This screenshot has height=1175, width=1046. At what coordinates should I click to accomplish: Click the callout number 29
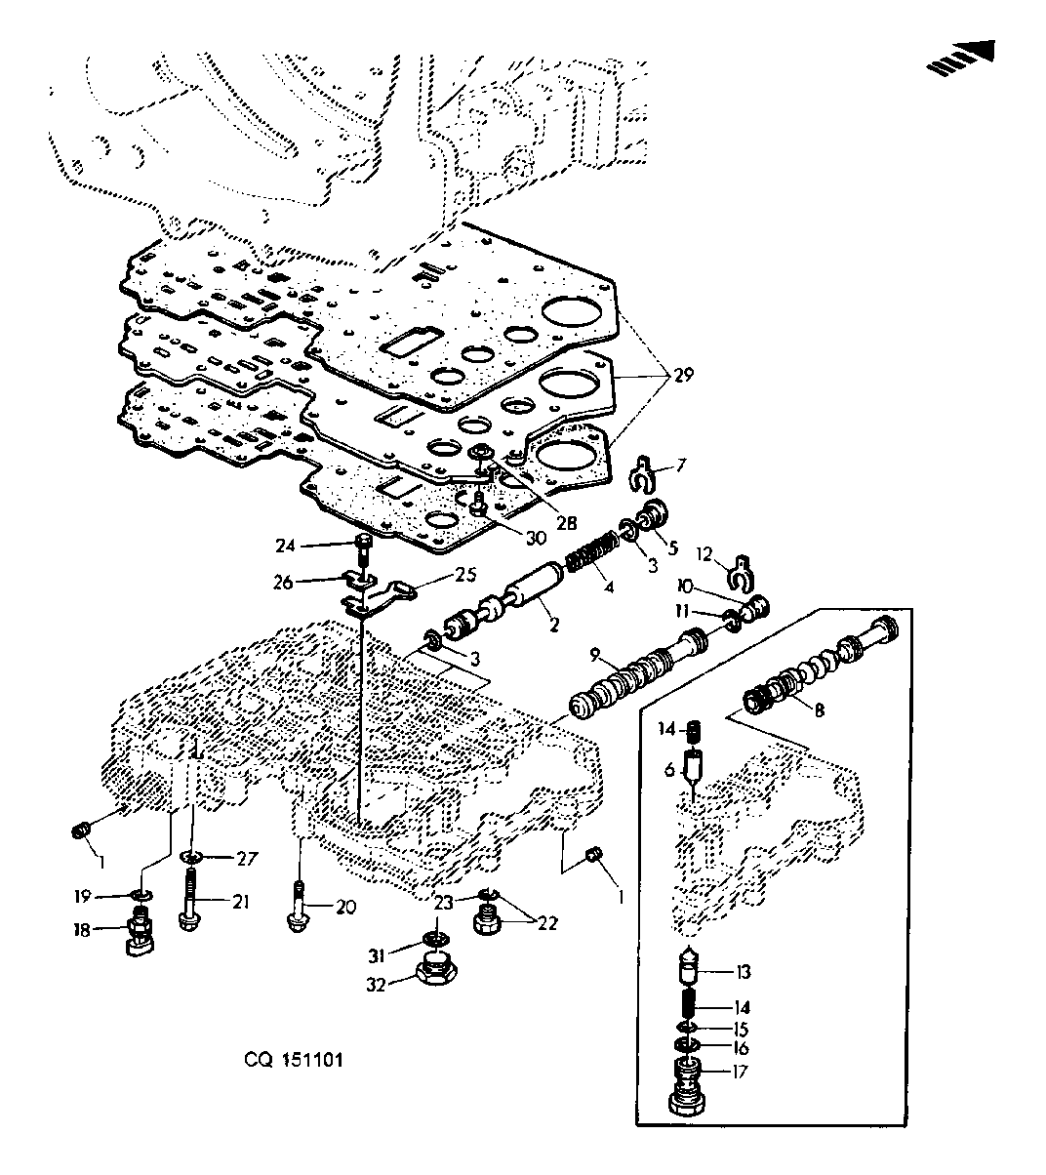684,375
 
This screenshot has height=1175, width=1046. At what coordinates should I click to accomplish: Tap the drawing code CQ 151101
294,1060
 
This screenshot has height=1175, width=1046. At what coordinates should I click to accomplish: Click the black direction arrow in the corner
960,57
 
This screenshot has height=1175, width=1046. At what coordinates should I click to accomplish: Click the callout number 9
594,656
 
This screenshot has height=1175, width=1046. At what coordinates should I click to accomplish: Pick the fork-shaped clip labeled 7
642,472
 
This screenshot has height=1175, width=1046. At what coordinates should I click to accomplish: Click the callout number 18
82,930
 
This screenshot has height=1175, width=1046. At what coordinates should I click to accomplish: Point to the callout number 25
465,575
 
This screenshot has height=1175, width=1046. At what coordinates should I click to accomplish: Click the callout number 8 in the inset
820,709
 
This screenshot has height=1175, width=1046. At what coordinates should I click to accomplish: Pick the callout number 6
669,771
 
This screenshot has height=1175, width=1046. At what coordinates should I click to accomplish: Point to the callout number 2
554,625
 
